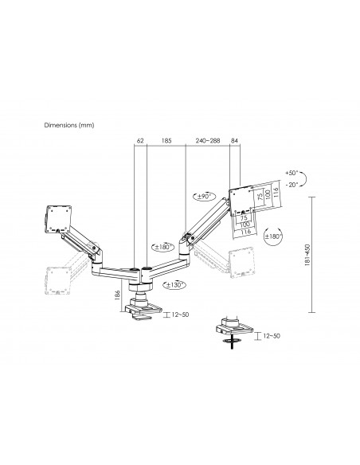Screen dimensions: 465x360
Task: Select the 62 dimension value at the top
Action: [x=139, y=141]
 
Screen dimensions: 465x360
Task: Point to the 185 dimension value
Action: [x=166, y=141]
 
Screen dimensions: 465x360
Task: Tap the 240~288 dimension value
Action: [x=207, y=141]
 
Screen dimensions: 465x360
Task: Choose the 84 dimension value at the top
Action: [x=235, y=141]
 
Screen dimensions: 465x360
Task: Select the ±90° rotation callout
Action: [x=202, y=195]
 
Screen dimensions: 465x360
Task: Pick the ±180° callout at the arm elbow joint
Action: [x=166, y=247]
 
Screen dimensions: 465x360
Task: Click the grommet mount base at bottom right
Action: [x=232, y=328]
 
